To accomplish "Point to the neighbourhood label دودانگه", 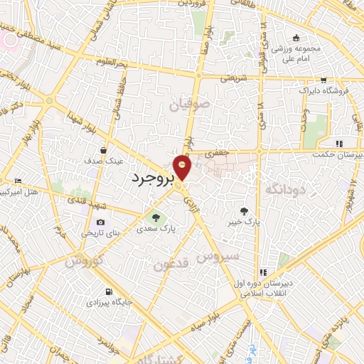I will [285, 188].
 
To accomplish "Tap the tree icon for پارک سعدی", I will [156, 217].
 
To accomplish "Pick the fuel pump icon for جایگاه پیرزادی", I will [107, 291].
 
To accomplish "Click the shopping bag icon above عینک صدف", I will [105, 150].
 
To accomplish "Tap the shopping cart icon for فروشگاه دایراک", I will [323, 80].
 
